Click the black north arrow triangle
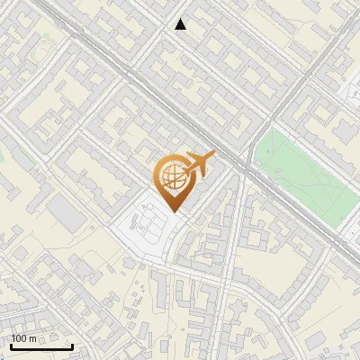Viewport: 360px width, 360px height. (181, 24)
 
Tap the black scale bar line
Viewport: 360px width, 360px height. (41, 346)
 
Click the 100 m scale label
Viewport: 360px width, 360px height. (24, 338)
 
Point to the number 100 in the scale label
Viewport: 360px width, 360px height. (20, 338)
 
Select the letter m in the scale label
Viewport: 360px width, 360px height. (33, 338)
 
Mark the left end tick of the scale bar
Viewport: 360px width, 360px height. (11, 345)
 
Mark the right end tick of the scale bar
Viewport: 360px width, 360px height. (72, 345)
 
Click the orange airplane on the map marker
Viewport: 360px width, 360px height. (198, 164)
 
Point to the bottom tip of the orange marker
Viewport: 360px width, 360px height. (172, 212)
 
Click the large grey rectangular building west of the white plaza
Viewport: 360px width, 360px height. (66, 211)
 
